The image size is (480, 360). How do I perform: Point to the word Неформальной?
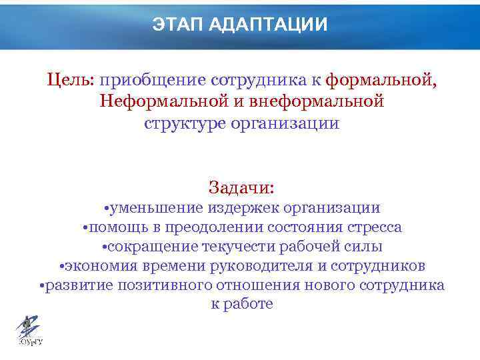click(x=157, y=102)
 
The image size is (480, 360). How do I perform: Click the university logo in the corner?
click(x=28, y=331)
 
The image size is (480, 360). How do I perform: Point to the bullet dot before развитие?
click(x=41, y=286)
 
